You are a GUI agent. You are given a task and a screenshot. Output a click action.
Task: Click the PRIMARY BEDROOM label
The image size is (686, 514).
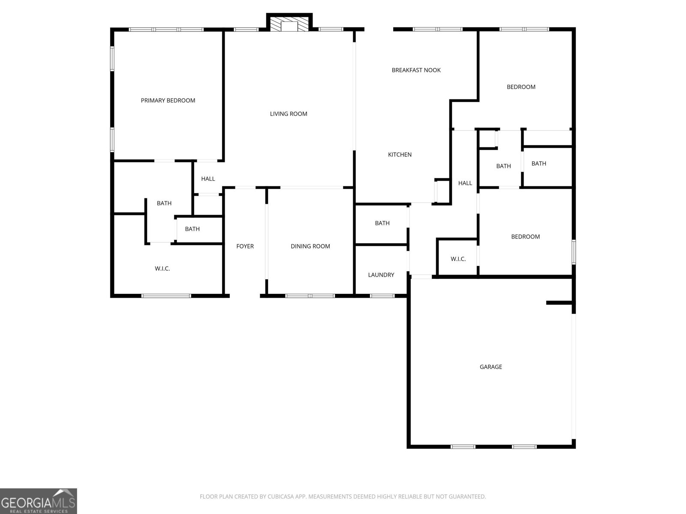(168, 100)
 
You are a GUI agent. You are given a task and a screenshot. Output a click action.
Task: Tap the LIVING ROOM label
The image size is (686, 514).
(289, 114)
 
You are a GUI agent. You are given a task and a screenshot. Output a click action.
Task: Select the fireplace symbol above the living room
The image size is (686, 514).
(289, 24)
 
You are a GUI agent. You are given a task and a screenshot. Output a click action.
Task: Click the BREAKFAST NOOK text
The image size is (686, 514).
(416, 70)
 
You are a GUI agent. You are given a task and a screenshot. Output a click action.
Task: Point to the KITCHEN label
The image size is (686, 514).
(400, 155)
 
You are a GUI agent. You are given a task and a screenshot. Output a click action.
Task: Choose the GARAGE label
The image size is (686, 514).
(490, 367)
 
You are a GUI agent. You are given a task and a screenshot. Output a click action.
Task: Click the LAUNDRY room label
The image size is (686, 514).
(381, 275)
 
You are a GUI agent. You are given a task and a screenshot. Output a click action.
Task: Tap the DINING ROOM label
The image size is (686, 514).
(310, 246)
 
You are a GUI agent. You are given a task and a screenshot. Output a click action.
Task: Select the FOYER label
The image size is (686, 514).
(245, 246)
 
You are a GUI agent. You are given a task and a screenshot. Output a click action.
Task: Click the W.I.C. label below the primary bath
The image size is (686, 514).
(162, 269)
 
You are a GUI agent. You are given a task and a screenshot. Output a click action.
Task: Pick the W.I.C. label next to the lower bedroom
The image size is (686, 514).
(458, 259)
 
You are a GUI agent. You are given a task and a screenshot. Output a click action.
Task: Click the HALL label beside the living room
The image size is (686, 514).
(208, 179)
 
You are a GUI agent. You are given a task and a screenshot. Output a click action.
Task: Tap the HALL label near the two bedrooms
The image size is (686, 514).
(465, 183)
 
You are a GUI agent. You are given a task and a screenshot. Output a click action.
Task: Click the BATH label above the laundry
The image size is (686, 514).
(382, 223)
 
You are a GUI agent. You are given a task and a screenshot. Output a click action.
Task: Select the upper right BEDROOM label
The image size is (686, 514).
(521, 87)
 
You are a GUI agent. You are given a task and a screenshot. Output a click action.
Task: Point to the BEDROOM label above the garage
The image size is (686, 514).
(525, 236)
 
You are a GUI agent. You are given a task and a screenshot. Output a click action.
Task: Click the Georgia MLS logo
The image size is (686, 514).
(38, 501)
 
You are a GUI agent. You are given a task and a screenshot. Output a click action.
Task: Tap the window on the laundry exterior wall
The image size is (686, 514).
(382, 296)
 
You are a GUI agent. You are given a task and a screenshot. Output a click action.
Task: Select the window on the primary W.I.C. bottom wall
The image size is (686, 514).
(166, 296)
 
